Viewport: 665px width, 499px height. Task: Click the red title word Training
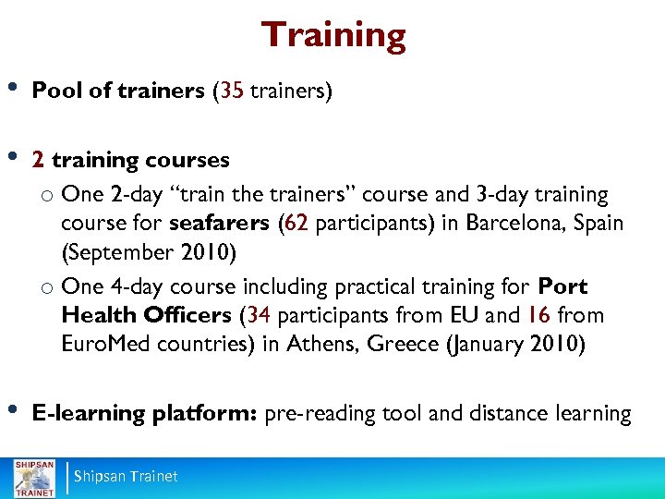click(x=333, y=36)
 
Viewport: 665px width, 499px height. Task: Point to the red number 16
click(x=539, y=315)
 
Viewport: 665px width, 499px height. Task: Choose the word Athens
click(x=320, y=344)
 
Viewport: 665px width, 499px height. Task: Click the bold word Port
click(x=562, y=286)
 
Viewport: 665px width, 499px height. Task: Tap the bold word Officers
click(x=188, y=315)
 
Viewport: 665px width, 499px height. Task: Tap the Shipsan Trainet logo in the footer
click(x=33, y=477)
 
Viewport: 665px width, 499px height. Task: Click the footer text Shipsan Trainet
click(x=126, y=477)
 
